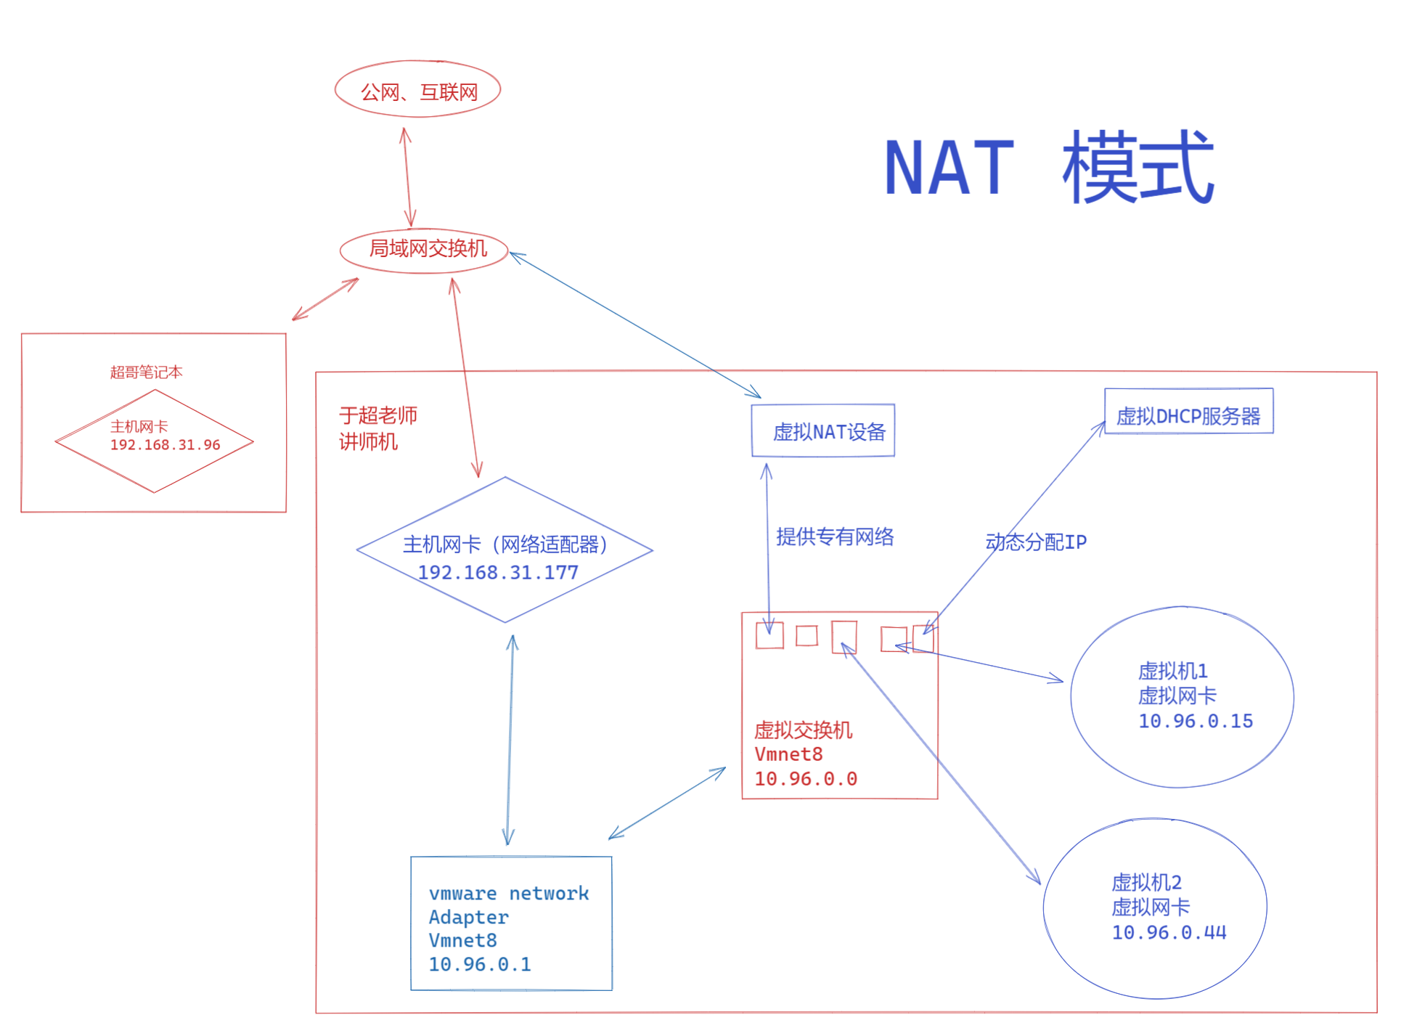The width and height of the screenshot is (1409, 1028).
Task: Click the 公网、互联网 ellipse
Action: click(417, 90)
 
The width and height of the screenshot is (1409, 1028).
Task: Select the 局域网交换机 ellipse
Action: click(424, 250)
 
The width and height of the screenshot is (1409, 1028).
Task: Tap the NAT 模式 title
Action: click(1048, 168)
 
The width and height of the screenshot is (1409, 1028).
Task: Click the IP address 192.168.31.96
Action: click(166, 445)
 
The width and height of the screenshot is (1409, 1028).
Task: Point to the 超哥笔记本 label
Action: click(146, 372)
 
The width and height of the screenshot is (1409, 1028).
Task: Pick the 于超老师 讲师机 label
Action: click(377, 428)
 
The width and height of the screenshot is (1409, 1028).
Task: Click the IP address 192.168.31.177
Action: click(498, 573)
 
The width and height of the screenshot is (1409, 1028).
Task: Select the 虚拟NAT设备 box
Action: click(822, 431)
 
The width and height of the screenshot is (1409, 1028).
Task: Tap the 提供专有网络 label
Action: click(835, 537)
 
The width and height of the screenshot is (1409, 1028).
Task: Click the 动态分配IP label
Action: click(1036, 542)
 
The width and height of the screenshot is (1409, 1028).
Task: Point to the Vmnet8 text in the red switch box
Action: click(788, 755)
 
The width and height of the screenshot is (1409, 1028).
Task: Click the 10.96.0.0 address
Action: click(806, 780)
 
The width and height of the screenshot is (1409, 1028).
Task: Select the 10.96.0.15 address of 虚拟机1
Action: click(1196, 722)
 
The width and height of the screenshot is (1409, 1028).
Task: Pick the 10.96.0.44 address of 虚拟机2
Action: click(1169, 933)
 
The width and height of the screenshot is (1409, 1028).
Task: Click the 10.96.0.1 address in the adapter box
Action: click(480, 965)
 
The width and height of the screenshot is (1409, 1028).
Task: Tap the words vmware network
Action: click(508, 894)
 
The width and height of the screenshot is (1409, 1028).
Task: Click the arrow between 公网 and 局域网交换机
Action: click(408, 177)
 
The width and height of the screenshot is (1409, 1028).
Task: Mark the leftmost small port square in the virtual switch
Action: click(769, 635)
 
